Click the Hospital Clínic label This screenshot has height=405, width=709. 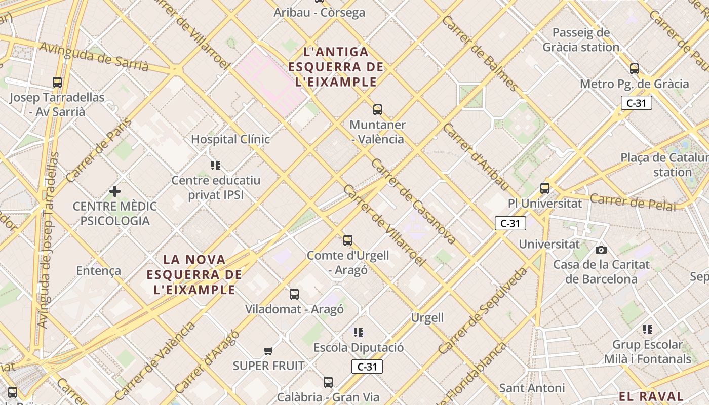coord(230,139)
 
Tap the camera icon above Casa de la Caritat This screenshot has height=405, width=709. coord(601,250)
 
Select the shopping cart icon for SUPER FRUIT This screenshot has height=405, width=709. coord(268,351)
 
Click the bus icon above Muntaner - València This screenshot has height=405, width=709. coord(377,110)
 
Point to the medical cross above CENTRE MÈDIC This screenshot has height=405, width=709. coord(115,191)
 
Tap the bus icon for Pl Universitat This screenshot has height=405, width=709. coord(545,188)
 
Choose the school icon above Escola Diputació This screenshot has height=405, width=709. coord(359,333)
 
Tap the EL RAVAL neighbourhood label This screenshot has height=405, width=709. coord(651,396)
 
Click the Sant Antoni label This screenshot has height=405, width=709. coord(532,388)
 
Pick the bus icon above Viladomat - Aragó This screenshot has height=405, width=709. coord(294,294)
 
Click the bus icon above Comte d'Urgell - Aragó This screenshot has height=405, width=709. coord(348,240)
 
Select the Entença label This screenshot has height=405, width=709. coord(99,271)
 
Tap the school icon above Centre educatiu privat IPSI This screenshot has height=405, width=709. coord(216,166)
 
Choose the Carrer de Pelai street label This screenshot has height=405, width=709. coord(633,201)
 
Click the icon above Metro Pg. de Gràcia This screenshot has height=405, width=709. coord(634,69)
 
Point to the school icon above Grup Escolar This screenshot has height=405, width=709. coord(648,330)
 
